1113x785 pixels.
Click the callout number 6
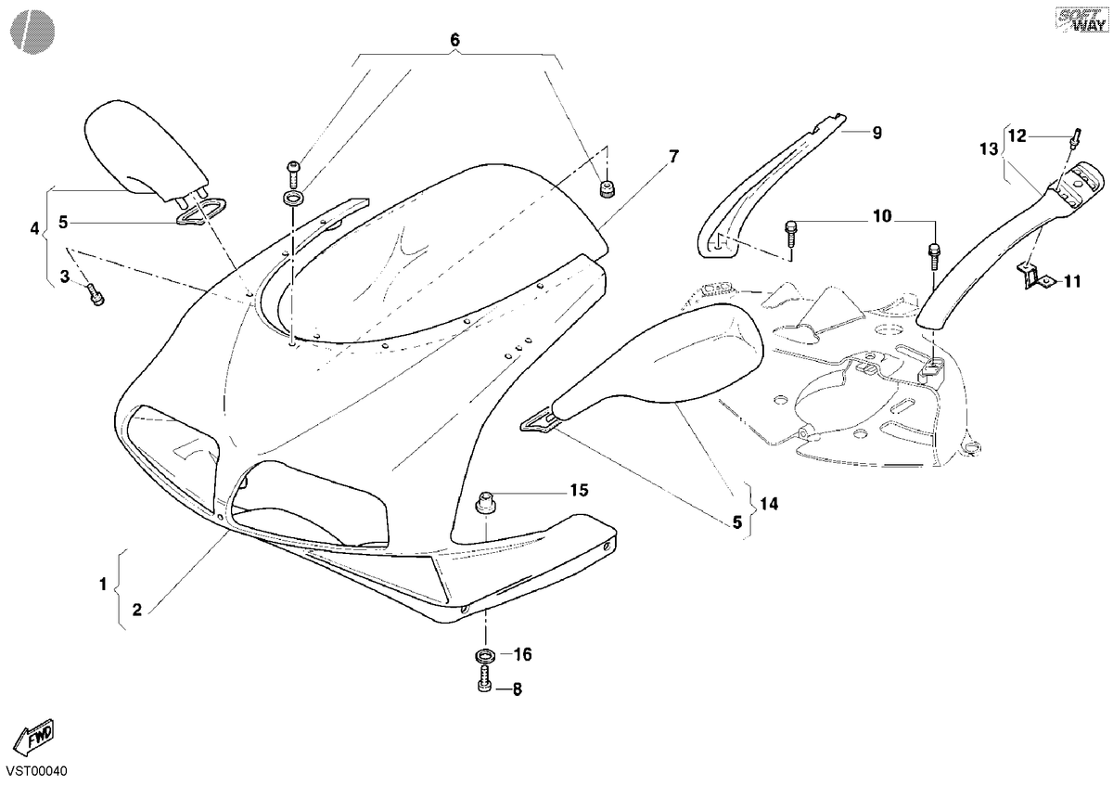[x=454, y=40]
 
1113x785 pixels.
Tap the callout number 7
[x=673, y=157]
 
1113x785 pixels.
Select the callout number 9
[x=877, y=133]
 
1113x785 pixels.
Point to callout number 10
[x=882, y=216]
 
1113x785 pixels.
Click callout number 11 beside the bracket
[x=1073, y=282]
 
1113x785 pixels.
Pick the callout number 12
[x=1017, y=135]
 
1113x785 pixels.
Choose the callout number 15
[x=579, y=491]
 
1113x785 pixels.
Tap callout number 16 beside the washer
[x=523, y=655]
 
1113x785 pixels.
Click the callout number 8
[x=518, y=689]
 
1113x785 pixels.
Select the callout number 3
[x=65, y=277]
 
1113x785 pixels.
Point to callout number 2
[x=136, y=610]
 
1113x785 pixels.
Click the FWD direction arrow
[x=32, y=737]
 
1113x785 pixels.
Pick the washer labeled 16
[x=485, y=655]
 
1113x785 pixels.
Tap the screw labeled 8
[x=485, y=679]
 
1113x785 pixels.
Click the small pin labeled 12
[x=1075, y=136]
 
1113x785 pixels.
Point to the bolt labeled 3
[x=96, y=294]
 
